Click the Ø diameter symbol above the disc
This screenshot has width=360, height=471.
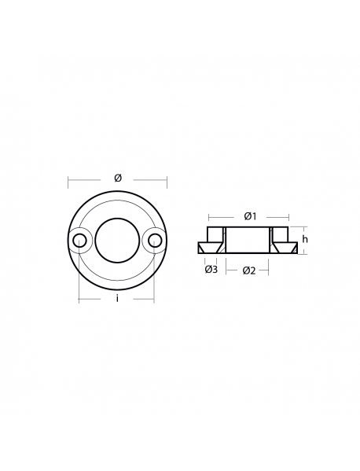pos(117,178)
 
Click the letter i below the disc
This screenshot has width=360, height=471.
pos(116,299)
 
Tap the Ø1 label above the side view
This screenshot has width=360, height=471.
pos(248,215)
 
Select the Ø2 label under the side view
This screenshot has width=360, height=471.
pos(248,270)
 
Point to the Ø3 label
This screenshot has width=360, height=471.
pos(211,270)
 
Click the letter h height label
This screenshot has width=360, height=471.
pos(306,239)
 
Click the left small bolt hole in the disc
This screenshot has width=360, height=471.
pos(79,240)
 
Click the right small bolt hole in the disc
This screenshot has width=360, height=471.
pos(154,240)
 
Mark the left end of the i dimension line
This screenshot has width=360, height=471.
pos(79,299)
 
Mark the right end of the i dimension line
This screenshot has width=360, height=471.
pos(154,299)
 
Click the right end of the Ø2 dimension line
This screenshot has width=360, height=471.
pos(269,270)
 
